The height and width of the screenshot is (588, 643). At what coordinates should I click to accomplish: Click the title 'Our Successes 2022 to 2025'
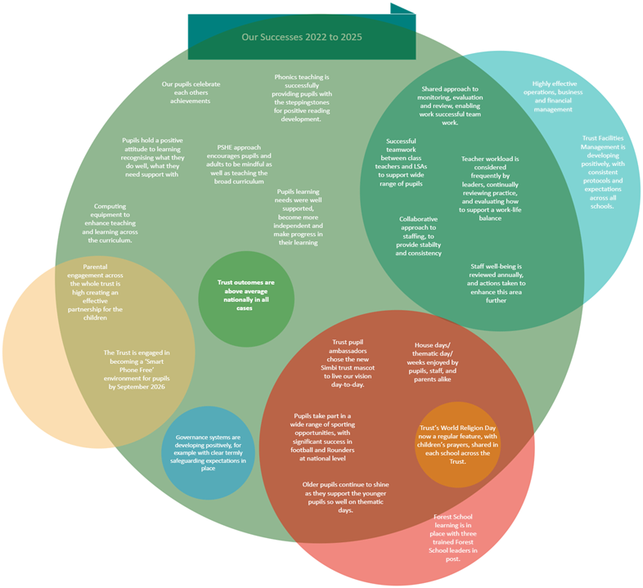point(302,37)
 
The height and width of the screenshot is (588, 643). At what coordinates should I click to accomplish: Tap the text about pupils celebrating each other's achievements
point(191,92)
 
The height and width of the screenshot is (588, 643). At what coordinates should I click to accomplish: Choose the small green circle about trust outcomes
point(246,295)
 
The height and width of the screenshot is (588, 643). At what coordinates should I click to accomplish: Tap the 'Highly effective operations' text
point(560,97)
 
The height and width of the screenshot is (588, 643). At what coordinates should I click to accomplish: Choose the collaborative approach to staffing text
point(419,236)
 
